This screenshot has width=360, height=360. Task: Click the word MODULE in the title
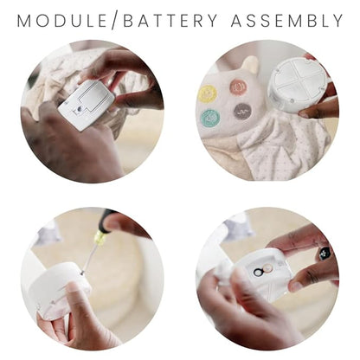coord(62,21)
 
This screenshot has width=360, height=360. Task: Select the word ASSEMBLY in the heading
coord(287,21)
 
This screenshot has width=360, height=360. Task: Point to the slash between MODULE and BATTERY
coord(115,21)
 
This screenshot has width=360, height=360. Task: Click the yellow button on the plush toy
coord(208,93)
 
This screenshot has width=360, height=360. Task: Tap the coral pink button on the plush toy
coord(239,87)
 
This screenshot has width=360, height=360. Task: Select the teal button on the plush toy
coord(210,119)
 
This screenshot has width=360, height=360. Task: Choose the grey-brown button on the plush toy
coord(242,112)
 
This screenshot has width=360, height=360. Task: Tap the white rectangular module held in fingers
coord(87,105)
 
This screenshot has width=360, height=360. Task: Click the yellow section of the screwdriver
coord(100,238)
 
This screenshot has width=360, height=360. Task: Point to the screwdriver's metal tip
coord(82,273)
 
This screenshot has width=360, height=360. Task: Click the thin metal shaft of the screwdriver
coord(89,259)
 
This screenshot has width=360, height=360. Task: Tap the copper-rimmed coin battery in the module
coord(268,269)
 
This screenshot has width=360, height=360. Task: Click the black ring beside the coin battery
coord(258,272)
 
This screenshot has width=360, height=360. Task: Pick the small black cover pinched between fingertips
coord(325,254)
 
